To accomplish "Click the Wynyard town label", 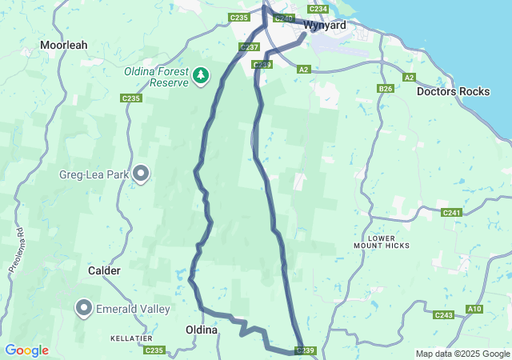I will pos(325,26).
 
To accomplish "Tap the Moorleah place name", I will pos(68,46).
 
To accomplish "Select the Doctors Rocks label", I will pos(453,91).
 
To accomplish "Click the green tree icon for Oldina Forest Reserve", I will pos(201,77).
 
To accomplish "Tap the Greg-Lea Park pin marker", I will pos(142,173).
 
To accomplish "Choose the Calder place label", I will pos(104,271).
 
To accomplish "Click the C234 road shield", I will pos(318,9).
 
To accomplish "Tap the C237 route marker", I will pos(249,47).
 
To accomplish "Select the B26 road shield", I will pos(386,89).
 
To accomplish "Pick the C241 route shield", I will pos(451,213).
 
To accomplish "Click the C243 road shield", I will pos(444,315).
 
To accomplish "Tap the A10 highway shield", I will pos(474,309).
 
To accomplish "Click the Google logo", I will pos(26,350).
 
